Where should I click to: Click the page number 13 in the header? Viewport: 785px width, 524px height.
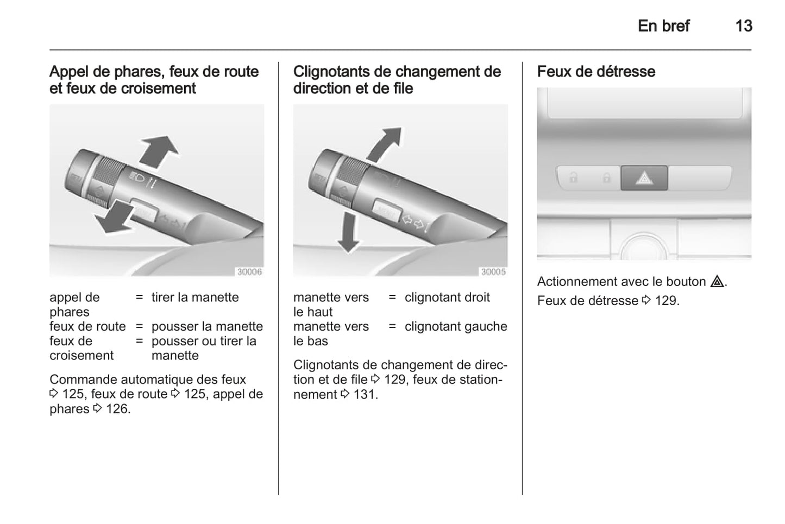(744, 26)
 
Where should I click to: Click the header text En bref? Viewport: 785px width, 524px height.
(663, 26)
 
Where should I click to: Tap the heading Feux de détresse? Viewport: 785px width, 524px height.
(596, 72)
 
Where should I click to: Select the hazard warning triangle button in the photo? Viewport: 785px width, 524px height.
(644, 178)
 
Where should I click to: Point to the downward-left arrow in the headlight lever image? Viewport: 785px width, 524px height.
(114, 217)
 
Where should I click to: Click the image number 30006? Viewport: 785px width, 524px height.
(249, 272)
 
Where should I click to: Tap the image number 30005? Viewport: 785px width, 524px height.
(493, 272)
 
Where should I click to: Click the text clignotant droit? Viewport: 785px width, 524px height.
(447, 298)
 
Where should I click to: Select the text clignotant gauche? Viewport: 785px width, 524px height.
(456, 327)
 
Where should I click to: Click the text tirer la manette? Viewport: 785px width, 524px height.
(195, 298)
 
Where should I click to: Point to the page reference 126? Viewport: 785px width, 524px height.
(118, 409)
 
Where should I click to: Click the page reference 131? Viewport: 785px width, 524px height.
(365, 394)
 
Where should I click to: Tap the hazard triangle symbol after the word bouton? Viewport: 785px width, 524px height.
(717, 282)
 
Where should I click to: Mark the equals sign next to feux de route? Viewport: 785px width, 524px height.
(139, 326)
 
